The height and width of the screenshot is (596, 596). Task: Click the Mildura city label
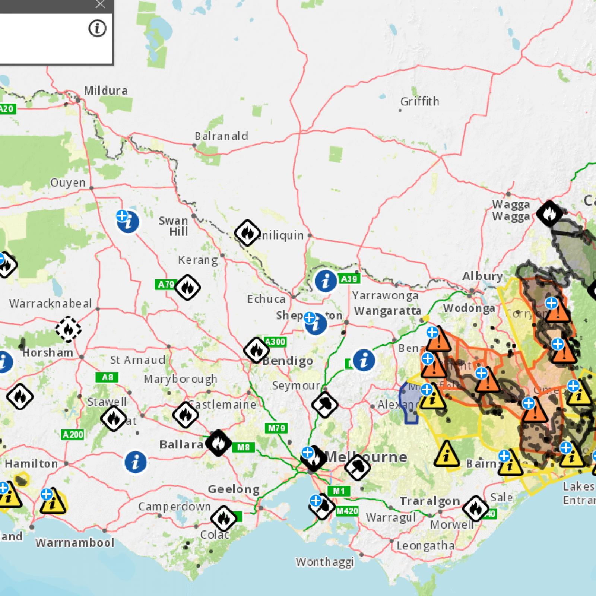(106, 91)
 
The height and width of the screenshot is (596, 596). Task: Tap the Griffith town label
(420, 101)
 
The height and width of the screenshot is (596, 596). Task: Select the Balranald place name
(221, 136)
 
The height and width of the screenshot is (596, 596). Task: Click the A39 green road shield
(349, 279)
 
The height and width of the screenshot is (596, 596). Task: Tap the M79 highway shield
(277, 428)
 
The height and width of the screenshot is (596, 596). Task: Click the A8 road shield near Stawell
(107, 377)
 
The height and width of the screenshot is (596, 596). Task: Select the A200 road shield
(73, 434)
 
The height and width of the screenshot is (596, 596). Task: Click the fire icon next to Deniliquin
(247, 233)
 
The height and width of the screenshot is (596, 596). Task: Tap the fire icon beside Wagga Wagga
(549, 213)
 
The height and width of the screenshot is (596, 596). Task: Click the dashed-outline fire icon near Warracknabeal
(68, 329)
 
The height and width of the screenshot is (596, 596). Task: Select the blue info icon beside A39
(326, 281)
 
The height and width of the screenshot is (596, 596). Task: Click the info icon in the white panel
(97, 28)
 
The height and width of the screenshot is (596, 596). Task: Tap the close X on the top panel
(100, 4)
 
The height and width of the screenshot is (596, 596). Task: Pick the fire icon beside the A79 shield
(188, 287)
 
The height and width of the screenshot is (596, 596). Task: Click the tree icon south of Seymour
(325, 405)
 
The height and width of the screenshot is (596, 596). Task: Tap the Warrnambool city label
(75, 543)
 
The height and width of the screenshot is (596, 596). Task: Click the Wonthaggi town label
(324, 562)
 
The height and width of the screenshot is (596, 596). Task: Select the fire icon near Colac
(223, 518)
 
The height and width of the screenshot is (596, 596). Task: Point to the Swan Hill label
(174, 226)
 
